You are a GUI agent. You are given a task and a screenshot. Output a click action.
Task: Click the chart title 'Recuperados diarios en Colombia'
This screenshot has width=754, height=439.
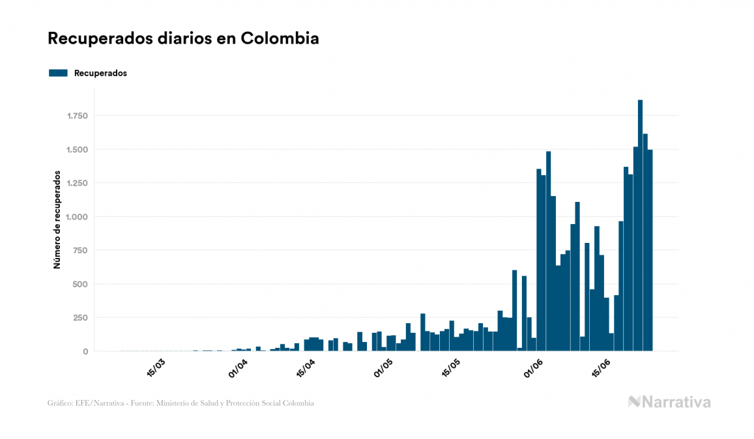(183, 38)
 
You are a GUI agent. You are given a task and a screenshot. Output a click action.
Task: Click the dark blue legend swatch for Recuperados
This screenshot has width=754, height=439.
(58, 73)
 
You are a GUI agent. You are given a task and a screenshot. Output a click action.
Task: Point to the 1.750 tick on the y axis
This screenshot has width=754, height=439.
(76, 116)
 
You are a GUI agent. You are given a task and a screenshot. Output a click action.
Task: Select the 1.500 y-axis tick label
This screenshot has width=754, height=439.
(76, 150)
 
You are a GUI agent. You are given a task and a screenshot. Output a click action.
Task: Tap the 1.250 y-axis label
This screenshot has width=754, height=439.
(76, 183)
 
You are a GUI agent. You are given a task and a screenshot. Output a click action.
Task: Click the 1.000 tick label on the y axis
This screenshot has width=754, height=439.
(76, 217)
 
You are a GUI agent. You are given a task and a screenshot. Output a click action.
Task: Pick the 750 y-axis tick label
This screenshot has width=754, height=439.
(80, 251)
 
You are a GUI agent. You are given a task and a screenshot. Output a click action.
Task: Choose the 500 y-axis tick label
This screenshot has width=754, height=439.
(80, 284)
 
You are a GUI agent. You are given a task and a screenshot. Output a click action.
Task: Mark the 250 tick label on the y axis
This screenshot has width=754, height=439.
(80, 318)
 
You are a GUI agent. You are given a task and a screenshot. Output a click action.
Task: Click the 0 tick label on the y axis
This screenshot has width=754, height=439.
(85, 352)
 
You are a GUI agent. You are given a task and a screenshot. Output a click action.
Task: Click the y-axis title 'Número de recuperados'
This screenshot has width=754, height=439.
(57, 220)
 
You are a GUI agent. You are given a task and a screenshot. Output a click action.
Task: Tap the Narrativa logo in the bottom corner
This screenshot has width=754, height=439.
(669, 402)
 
